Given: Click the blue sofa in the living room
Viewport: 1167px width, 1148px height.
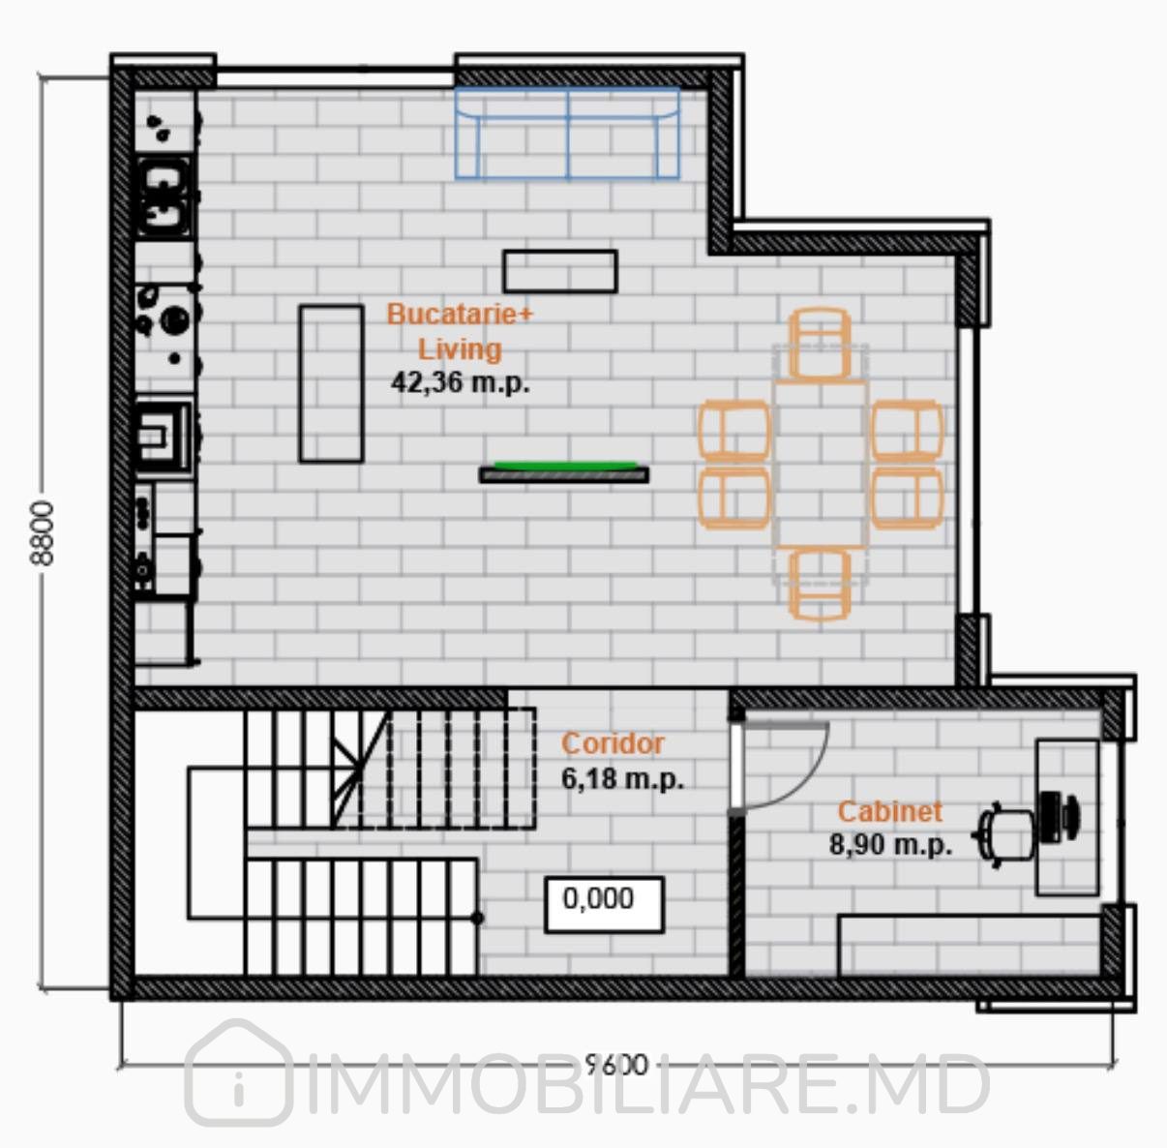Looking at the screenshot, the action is [567, 134].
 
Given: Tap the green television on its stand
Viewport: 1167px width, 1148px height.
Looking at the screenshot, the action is [564, 472].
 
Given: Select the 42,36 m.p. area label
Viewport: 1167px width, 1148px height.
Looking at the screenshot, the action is [461, 383].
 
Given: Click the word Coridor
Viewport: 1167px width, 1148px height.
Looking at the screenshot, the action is [613, 743].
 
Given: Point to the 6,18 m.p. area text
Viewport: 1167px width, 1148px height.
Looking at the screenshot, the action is [622, 779].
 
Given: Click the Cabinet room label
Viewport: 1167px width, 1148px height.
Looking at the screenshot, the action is [889, 812].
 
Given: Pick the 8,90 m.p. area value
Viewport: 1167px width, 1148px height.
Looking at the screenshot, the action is [889, 845].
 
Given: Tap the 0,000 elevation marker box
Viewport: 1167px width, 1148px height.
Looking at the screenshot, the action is [605, 904].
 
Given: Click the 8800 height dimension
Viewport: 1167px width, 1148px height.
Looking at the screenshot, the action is [43, 533].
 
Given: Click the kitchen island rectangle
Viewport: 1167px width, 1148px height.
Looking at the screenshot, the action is [331, 383].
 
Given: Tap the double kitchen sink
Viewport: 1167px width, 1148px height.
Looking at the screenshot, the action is [165, 196].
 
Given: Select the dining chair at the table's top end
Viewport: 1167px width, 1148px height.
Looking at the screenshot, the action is [820, 344].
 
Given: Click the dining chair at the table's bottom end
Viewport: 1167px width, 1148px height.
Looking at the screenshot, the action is [820, 585].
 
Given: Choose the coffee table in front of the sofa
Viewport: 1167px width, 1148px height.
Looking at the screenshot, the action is [560, 271].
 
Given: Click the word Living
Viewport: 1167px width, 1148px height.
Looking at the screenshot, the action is [461, 349].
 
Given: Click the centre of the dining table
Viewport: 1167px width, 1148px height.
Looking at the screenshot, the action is [821, 465].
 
